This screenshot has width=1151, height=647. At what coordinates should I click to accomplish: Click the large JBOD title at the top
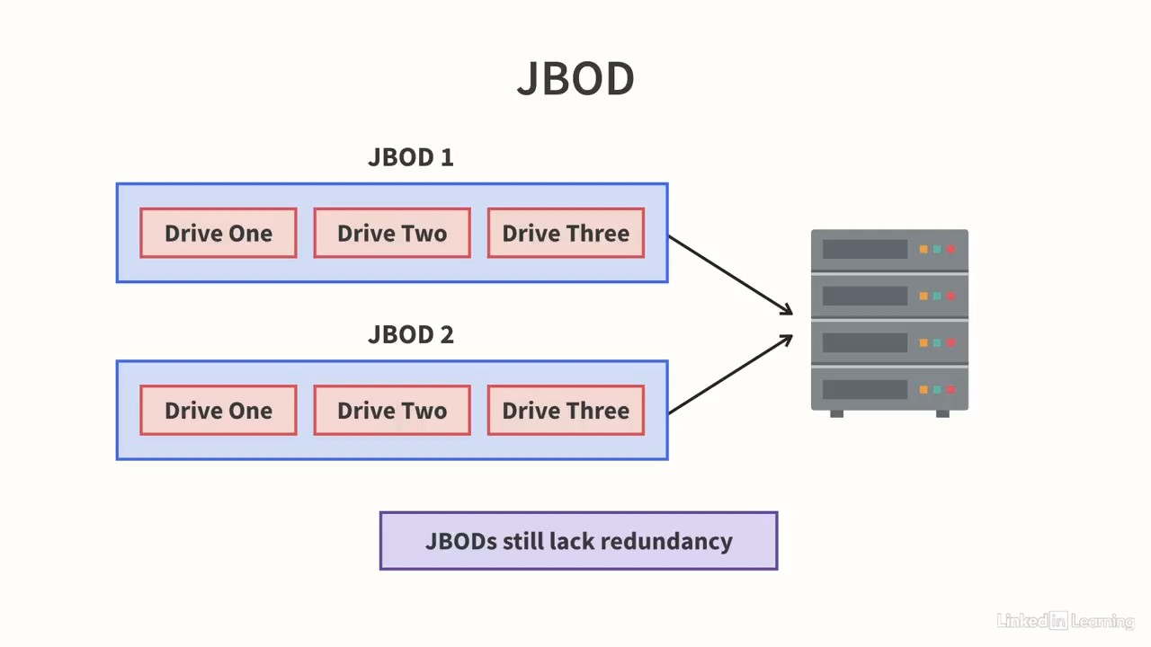click(575, 78)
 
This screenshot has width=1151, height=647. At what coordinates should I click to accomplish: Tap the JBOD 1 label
click(411, 157)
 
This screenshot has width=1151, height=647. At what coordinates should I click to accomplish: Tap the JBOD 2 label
click(411, 335)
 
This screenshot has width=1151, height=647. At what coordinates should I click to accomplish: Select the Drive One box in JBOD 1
click(219, 233)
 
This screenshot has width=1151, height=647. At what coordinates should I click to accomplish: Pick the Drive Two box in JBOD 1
click(392, 233)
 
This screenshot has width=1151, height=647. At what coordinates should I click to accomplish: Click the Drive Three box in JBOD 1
click(566, 233)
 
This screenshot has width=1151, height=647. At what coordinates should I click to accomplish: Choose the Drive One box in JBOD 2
click(219, 411)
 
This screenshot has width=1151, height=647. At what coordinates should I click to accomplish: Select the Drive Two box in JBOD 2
click(392, 411)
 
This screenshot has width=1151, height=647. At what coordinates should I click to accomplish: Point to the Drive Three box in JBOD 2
click(566, 411)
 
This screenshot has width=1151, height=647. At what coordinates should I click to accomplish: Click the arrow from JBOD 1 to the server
click(731, 275)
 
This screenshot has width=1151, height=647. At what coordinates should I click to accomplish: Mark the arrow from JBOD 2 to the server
click(731, 374)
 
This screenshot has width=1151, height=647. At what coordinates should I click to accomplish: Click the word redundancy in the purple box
click(666, 542)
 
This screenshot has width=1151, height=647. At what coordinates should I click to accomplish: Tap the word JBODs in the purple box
click(461, 541)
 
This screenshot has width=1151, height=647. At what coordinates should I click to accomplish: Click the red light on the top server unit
click(951, 249)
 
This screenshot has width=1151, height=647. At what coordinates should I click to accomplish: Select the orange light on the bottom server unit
click(923, 390)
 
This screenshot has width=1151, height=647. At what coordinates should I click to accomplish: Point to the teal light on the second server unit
click(937, 296)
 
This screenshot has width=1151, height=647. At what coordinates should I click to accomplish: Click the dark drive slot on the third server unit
click(865, 342)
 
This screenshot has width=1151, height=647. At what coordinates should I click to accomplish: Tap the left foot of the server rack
click(836, 414)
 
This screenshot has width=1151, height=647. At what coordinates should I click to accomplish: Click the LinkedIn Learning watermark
click(1066, 621)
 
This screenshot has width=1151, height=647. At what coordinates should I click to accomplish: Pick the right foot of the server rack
click(942, 414)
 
